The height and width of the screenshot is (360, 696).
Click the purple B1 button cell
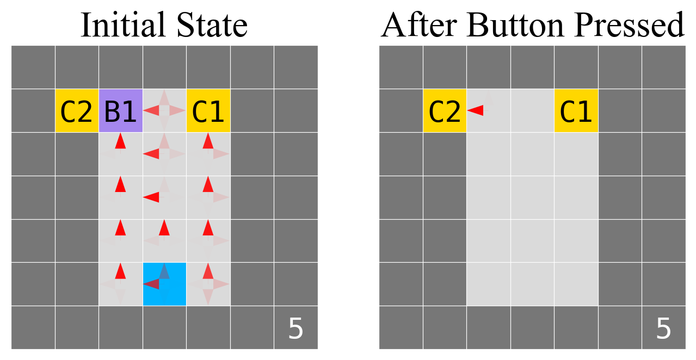point(120,111)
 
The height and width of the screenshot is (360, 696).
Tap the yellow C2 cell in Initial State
point(77,111)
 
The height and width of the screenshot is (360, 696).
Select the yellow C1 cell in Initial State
point(208,111)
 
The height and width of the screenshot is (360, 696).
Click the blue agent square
point(164,284)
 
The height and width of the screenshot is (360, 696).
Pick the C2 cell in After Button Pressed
point(445,111)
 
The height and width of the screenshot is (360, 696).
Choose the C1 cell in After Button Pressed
point(576,111)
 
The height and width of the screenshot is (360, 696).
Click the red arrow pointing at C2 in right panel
point(476,110)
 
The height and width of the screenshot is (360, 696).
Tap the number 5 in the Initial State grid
point(295,330)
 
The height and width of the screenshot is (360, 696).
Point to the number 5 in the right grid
point(663,330)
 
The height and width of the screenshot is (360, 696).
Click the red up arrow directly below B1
point(120,141)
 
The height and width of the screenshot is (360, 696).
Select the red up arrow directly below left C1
point(208,141)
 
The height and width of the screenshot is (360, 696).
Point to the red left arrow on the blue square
point(151,283)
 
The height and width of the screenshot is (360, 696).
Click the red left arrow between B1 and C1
point(151,110)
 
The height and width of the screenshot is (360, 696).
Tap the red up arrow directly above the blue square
point(164,228)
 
